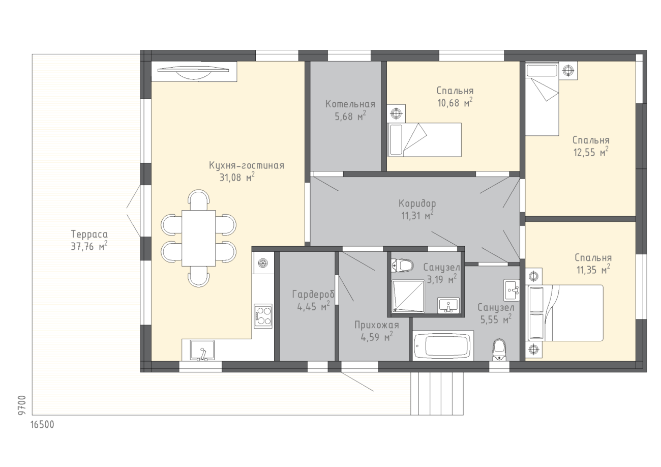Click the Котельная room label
click(x=350, y=104)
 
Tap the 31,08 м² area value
click(x=237, y=177)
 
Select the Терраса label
click(x=89, y=234)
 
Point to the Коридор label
click(x=417, y=203)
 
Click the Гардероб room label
click(x=313, y=295)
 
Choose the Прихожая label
click(x=377, y=325)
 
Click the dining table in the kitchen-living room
click(x=198, y=238)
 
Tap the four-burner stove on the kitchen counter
click(x=263, y=316)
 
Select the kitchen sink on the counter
click(x=202, y=351)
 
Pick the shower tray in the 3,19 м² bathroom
click(x=408, y=296)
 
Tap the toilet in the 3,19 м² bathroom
click(x=402, y=266)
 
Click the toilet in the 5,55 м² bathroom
click(x=499, y=350)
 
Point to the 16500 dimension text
click(x=43, y=424)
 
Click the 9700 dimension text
click(x=22, y=405)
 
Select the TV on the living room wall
click(x=193, y=72)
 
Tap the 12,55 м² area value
click(x=591, y=152)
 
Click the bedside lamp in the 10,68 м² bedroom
click(x=396, y=113)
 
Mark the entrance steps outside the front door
click(x=437, y=393)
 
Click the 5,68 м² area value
click(x=350, y=116)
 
